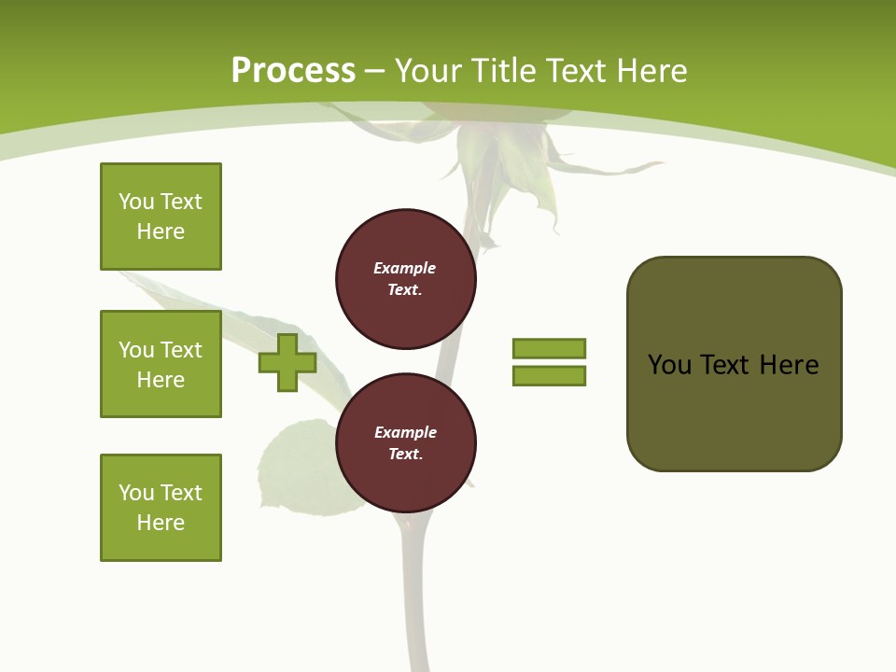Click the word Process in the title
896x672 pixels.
tap(293, 70)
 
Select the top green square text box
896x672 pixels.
tap(161, 217)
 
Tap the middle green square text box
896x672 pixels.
tap(161, 364)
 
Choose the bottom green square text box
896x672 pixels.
tap(161, 508)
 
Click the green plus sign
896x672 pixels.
tap(287, 362)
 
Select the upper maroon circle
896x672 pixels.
tap(406, 279)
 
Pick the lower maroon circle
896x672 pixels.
tap(406, 443)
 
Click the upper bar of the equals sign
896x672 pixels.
tap(549, 348)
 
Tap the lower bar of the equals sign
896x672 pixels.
tap(549, 375)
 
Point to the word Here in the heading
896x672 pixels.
tap(651, 71)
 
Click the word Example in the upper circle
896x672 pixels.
tap(405, 268)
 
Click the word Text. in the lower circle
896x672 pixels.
tap(405, 455)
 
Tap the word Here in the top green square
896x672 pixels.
tap(161, 231)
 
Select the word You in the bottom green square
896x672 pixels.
tap(136, 493)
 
